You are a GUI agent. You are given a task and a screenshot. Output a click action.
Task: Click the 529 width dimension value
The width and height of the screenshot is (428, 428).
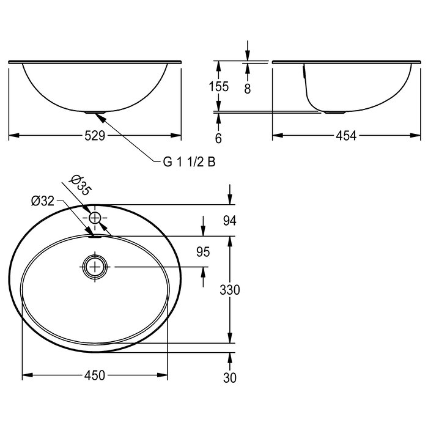95,136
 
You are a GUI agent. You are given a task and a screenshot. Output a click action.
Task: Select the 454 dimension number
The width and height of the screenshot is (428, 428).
346,136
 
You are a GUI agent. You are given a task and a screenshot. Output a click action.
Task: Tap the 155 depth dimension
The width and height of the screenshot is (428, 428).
218,87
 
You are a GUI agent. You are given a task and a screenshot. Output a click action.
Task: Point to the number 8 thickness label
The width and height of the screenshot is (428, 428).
247,89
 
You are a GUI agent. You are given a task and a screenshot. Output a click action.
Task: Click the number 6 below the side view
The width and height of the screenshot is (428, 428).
218,138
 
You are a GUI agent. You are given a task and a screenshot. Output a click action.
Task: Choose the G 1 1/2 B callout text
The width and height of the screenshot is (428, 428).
189,162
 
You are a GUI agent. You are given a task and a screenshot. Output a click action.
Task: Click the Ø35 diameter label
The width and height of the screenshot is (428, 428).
81,185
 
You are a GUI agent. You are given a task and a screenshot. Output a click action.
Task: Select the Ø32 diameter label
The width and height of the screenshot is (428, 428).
43,201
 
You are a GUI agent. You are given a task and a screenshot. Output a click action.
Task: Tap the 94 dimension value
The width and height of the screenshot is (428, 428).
229,221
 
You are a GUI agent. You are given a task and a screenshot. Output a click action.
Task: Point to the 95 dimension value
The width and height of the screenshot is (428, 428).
203,252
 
